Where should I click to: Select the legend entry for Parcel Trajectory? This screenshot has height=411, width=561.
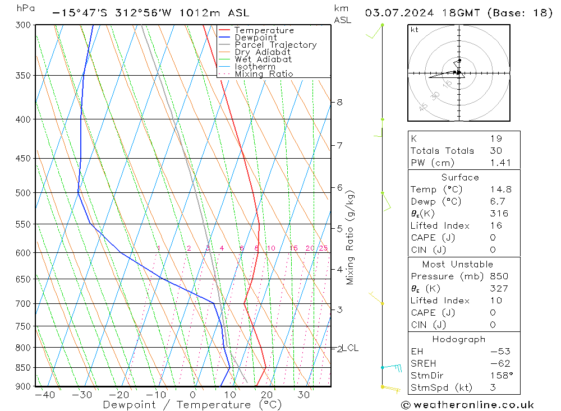pos(275,45)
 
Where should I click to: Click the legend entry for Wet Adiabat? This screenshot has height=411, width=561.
pos(263,59)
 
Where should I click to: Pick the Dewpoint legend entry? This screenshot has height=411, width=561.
pos(255,38)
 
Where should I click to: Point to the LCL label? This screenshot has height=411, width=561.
pos(350,348)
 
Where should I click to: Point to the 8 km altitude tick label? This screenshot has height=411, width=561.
pos(340,103)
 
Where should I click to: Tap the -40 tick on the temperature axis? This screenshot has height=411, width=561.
pos(44,395)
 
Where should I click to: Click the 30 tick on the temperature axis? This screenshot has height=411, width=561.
pos(304,395)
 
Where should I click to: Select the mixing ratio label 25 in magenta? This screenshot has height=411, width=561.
pos(323,248)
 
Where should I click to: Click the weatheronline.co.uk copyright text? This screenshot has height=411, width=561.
pos(467,405)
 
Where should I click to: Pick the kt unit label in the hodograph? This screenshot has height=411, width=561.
pos(415,30)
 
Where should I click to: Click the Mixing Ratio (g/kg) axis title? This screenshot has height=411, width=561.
pos(351,238)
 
